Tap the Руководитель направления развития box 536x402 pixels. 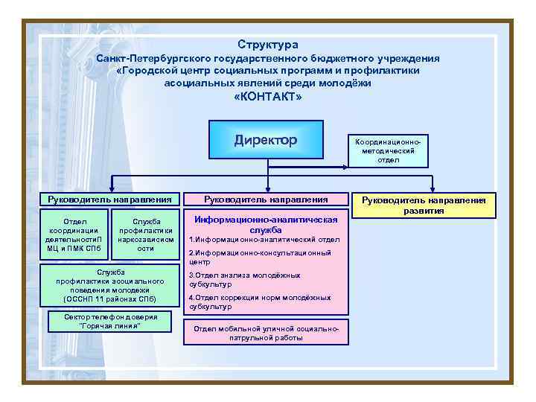[x=424, y=205]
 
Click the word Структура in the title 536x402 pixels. [x=268, y=45]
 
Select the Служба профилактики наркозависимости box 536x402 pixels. [x=146, y=234]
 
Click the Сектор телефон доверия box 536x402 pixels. [x=109, y=322]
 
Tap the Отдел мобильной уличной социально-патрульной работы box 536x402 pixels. [x=266, y=333]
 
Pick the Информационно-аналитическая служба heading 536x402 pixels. [x=266, y=225]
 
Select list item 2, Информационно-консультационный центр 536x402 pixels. [x=261, y=258]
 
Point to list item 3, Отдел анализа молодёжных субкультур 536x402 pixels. [x=246, y=279]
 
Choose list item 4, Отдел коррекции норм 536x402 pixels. [x=261, y=301]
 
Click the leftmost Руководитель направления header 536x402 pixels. [x=109, y=199]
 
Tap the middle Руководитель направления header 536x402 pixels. [x=266, y=199]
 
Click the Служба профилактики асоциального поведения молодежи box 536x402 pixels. [x=109, y=286]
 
